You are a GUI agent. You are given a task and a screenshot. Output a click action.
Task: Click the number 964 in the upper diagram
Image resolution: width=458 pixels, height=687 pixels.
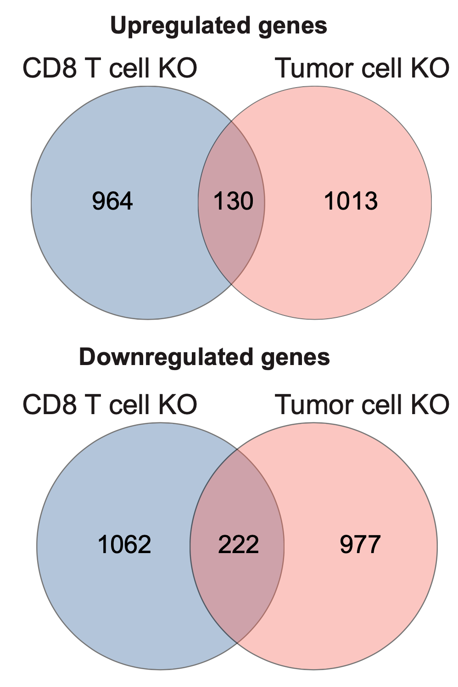(x=112, y=201)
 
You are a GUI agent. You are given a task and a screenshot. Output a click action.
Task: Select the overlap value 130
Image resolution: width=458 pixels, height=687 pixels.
(x=233, y=201)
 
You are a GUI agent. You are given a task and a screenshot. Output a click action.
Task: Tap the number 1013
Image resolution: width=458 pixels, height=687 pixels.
(x=351, y=201)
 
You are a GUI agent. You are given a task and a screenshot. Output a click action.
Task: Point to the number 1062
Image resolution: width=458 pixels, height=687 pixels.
(x=124, y=544)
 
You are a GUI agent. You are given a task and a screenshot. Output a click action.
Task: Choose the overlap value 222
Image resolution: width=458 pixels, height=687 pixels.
(x=238, y=544)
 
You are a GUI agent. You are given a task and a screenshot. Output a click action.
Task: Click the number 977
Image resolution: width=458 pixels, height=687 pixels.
(x=360, y=544)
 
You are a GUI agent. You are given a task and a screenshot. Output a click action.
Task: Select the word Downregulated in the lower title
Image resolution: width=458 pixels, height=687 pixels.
(x=166, y=358)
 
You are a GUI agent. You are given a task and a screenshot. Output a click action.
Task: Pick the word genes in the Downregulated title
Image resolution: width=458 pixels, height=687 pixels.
(x=295, y=359)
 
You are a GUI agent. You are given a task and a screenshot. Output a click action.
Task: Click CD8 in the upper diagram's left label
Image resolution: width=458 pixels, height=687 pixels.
(x=50, y=68)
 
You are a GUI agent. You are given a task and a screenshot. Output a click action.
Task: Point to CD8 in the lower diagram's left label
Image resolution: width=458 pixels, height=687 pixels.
(x=50, y=404)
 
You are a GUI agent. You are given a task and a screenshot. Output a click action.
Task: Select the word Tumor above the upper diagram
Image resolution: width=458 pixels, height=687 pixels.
(x=315, y=68)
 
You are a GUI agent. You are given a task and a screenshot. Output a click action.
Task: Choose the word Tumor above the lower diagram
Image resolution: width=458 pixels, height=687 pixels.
(x=315, y=404)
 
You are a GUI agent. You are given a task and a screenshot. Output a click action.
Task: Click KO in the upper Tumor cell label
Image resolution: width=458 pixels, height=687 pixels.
(x=430, y=68)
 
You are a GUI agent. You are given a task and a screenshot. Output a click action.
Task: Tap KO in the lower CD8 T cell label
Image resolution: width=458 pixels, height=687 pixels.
(x=178, y=404)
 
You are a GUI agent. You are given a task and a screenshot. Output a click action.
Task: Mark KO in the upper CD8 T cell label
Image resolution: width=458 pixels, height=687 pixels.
(x=178, y=68)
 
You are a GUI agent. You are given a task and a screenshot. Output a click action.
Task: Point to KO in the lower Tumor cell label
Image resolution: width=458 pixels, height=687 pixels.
(x=430, y=404)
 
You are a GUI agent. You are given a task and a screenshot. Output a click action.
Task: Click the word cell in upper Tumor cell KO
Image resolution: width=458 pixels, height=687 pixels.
(x=382, y=68)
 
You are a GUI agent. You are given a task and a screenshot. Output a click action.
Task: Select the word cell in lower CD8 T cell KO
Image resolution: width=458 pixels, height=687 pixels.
(x=130, y=404)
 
